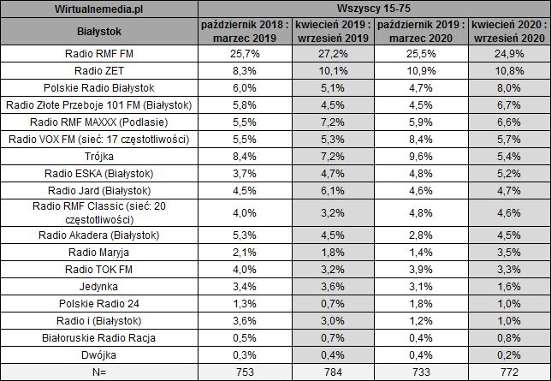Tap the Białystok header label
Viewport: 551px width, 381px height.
click(101, 32)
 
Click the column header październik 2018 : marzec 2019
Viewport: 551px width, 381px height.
click(246, 32)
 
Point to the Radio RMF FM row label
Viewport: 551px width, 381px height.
click(101, 54)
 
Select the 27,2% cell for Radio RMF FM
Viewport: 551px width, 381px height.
click(329, 54)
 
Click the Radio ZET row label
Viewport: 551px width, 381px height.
click(101, 70)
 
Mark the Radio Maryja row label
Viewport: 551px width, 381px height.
click(101, 253)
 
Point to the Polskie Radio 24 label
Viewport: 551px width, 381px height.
click(101, 304)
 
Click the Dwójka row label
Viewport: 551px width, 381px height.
click(101, 356)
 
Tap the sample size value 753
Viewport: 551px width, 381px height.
click(246, 372)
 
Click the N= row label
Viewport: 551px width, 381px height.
click(101, 372)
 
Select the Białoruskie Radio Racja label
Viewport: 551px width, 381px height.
click(101, 339)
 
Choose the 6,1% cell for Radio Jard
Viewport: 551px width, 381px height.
click(329, 191)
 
